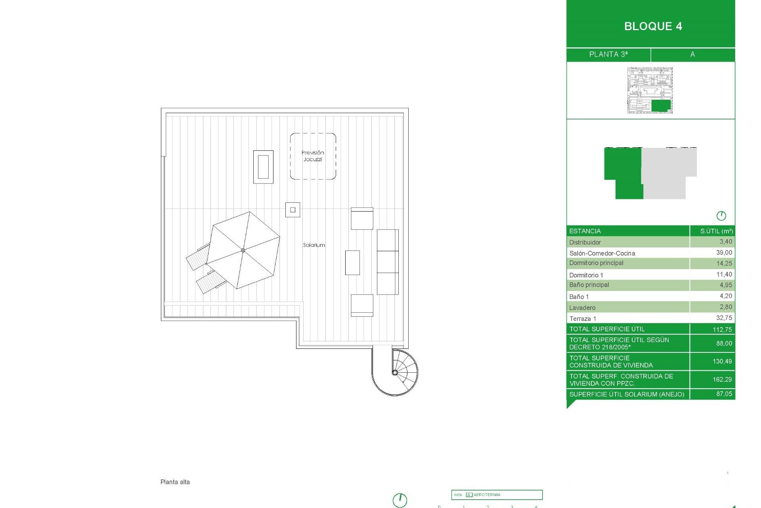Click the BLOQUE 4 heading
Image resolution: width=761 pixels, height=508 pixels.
(653, 26)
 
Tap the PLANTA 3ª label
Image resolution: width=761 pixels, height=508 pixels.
(608, 54)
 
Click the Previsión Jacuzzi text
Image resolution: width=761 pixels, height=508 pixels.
(313, 156)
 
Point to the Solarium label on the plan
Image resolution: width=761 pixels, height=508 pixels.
(314, 245)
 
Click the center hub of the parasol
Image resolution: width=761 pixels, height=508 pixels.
(243, 250)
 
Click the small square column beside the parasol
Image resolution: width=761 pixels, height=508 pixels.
(293, 210)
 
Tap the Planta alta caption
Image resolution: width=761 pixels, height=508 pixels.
(175, 482)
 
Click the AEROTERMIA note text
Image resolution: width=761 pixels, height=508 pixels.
(487, 495)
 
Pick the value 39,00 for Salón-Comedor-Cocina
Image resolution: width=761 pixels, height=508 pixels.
(724, 253)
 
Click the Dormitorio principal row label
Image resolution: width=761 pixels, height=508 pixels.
(596, 263)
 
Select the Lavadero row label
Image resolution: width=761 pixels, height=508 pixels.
(582, 308)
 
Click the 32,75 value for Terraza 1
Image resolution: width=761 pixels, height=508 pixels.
(724, 318)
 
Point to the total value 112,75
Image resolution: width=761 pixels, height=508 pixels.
(722, 329)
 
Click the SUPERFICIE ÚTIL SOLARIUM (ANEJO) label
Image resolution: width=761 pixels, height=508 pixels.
(627, 394)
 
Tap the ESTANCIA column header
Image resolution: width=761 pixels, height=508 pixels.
(585, 231)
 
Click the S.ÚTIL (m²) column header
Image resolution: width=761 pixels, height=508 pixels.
(716, 231)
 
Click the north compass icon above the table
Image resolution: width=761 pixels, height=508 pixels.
(721, 216)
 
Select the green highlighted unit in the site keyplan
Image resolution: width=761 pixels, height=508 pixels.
(661, 106)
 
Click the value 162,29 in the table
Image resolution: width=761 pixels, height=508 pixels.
(722, 379)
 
